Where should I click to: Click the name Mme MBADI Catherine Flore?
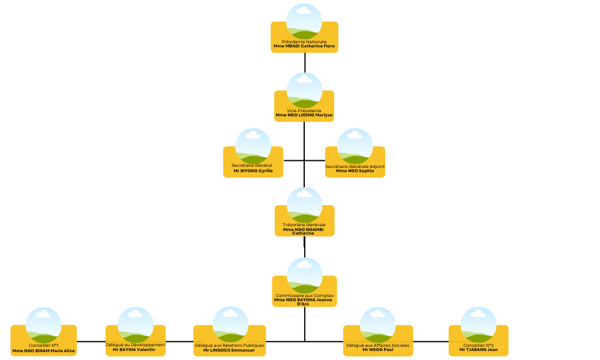click(304, 46)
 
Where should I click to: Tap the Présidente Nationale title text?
click(304, 41)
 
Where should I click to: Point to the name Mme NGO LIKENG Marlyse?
click(304, 115)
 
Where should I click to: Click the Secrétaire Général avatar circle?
click(253, 146)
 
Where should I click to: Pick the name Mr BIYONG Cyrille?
click(253, 170)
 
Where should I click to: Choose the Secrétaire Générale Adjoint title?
click(355, 166)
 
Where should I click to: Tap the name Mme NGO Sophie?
click(355, 170)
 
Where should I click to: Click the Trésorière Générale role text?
click(304, 224)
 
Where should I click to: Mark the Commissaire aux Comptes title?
click(304, 296)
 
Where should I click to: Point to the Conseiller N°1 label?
click(44, 346)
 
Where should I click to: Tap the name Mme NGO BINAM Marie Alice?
click(44, 350)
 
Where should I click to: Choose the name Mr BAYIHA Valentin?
click(136, 350)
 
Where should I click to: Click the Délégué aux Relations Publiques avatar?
click(230, 324)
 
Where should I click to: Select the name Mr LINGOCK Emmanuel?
click(229, 350)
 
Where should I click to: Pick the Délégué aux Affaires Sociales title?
click(378, 346)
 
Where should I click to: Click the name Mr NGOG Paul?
click(378, 350)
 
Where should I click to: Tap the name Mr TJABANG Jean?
click(478, 350)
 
